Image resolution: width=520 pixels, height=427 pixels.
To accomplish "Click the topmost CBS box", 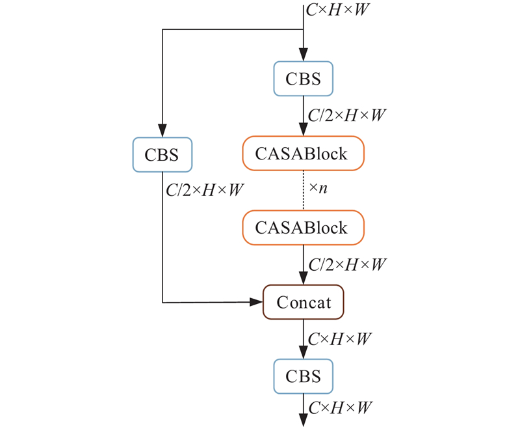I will tap(304, 79).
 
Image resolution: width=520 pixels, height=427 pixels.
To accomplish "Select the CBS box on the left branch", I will tap(162, 154).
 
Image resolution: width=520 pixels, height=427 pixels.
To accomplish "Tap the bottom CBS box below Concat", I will tap(304, 377).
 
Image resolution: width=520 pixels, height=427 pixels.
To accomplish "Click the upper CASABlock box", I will tap(304, 154).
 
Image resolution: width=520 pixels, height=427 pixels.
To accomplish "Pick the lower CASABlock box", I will tap(304, 228).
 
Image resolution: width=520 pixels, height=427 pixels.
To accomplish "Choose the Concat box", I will tap(304, 302).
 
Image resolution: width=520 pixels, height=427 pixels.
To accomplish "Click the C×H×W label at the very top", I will tap(339, 11).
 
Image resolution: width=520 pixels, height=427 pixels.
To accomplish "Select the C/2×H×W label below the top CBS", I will tap(347, 116).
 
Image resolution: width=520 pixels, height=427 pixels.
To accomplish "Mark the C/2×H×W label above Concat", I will tap(347, 265).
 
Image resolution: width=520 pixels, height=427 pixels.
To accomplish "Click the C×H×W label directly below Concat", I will tap(339, 339).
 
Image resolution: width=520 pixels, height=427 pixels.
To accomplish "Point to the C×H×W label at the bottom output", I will tap(339, 408).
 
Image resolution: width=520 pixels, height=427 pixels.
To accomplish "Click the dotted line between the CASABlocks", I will tap(304, 191).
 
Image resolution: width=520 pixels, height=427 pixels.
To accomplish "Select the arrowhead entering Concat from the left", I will tap(257, 302).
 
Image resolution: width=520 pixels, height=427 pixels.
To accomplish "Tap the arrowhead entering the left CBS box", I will tap(162, 131).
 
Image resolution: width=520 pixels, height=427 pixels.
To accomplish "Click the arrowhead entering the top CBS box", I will tap(304, 57).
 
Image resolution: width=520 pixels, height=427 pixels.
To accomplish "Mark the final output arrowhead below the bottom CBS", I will tap(304, 421).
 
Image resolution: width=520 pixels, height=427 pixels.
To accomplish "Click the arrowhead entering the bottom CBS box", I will tap(304, 355).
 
